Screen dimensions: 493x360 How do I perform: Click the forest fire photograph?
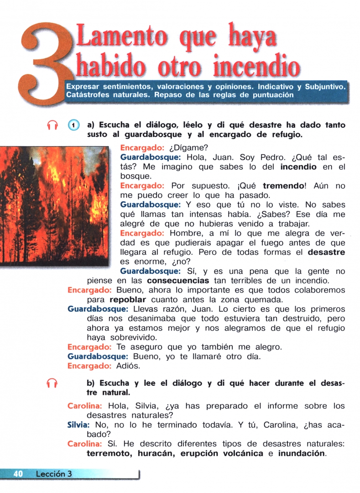point(55,205)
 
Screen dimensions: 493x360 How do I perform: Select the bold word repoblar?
point(128,300)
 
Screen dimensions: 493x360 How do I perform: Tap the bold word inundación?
point(302,453)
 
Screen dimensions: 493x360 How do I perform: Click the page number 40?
point(18,474)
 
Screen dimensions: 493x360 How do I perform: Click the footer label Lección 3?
point(54,474)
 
